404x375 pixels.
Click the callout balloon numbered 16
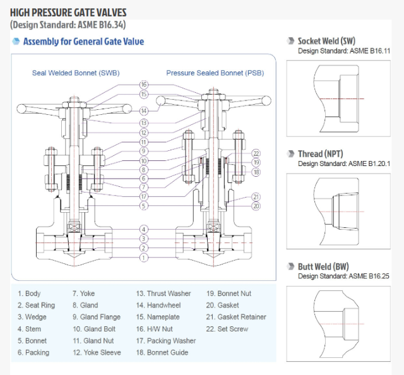pos(144,85)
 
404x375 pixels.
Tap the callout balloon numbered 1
pos(144,258)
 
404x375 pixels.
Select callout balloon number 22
pos(256,153)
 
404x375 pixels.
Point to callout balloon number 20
pos(256,206)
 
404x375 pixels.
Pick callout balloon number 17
pos(144,196)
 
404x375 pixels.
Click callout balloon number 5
pos(144,206)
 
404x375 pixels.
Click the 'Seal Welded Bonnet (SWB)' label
pos(76,73)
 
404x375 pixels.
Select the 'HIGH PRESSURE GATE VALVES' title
pos(68,12)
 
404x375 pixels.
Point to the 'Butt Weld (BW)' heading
pos(323,267)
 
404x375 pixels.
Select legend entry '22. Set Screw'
pos(227,329)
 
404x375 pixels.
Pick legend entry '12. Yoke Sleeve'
pos(98,352)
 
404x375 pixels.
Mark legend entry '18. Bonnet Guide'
pos(162,352)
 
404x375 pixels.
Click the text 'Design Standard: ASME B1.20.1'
pos(348,163)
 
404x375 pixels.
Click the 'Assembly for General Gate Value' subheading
pos(83,42)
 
